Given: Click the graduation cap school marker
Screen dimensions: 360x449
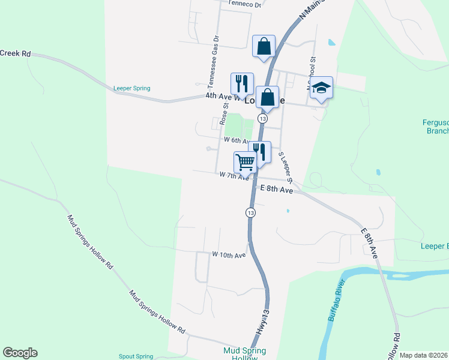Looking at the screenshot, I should [x=321, y=88].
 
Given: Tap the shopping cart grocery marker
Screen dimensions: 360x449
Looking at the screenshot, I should [x=244, y=162].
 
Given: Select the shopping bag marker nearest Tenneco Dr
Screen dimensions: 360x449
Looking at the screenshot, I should [x=264, y=46].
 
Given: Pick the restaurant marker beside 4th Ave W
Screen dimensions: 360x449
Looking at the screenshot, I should [x=242, y=84].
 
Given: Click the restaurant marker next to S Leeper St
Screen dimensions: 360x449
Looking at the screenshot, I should [x=259, y=152].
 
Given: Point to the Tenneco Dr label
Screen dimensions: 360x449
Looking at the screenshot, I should [x=245, y=4].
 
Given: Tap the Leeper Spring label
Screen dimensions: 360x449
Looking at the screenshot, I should [x=131, y=88].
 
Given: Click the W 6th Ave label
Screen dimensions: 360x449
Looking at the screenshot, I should [x=236, y=140].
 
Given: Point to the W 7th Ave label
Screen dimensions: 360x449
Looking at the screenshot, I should [x=234, y=176].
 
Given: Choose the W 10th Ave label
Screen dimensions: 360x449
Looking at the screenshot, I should [x=229, y=255].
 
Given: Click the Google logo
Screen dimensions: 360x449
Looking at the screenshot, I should [x=20, y=353].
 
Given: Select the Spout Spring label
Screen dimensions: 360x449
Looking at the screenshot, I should [x=136, y=356].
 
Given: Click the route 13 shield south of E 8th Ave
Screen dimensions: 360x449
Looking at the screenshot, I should [x=250, y=212].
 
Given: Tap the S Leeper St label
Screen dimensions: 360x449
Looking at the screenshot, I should [x=285, y=167].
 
